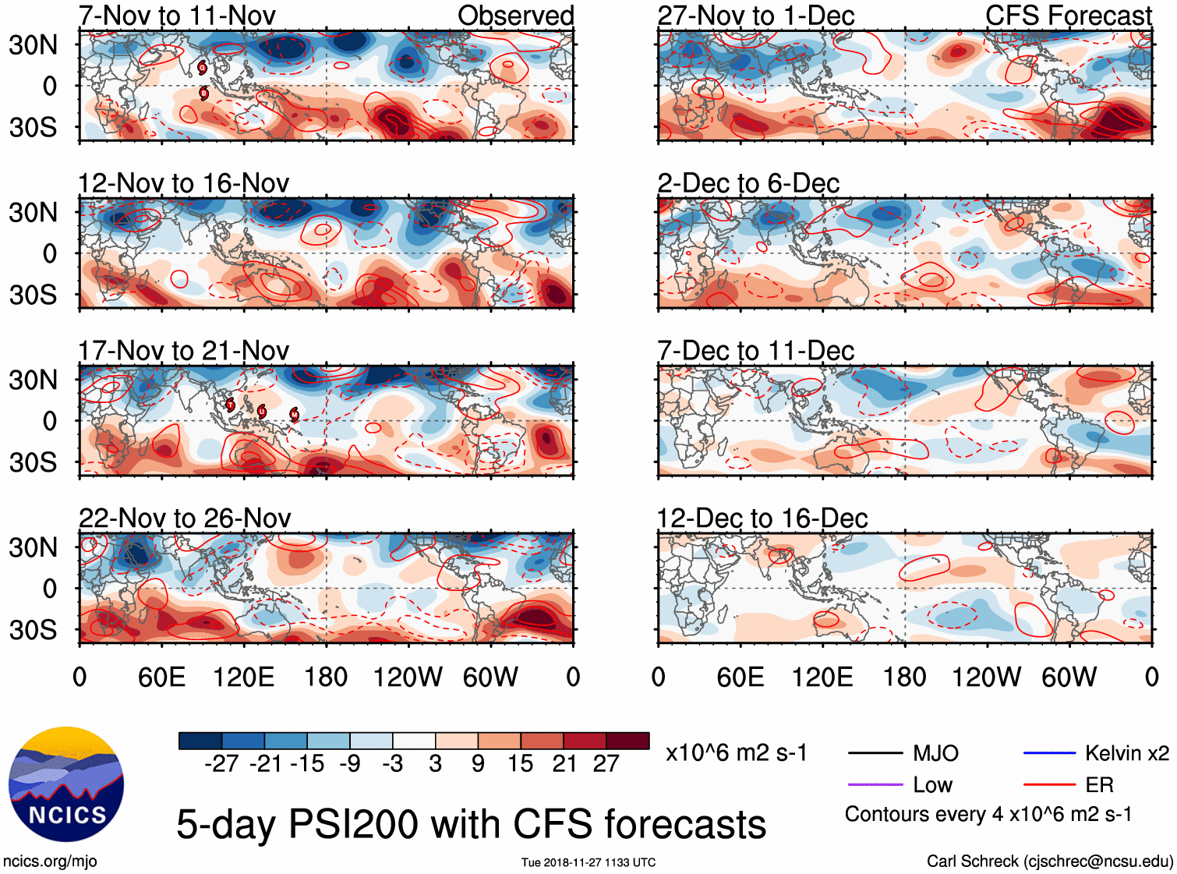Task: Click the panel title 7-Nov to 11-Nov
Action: (177, 16)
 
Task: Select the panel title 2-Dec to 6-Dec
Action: (748, 183)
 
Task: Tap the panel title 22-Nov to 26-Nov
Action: (185, 518)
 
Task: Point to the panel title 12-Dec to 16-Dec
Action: (762, 518)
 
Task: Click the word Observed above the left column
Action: (515, 16)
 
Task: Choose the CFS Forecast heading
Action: (1068, 16)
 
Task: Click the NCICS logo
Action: (66, 784)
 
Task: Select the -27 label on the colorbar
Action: (221, 763)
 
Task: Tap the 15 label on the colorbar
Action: (520, 763)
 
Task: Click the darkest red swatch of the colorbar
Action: (627, 741)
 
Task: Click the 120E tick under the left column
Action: (244, 677)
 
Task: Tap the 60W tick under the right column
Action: (1069, 677)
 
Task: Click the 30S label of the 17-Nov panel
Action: (33, 462)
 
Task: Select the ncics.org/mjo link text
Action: (50, 861)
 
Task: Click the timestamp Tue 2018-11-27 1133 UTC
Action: (588, 862)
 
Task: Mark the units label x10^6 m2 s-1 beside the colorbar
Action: (736, 753)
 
